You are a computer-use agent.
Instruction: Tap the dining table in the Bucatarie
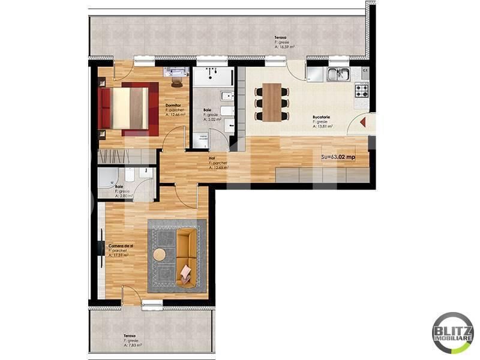pyautogui.click(x=272, y=101)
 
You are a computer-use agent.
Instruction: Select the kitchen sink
pyautogui.click(x=340, y=74)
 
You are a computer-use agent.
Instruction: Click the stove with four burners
pyautogui.click(x=362, y=91)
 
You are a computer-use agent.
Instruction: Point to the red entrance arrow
pyautogui.click(x=364, y=122)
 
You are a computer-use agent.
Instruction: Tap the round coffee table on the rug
pyautogui.click(x=160, y=254)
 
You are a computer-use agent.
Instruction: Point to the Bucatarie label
pyautogui.click(x=322, y=117)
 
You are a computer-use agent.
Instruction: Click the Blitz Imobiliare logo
pyautogui.click(x=453, y=332)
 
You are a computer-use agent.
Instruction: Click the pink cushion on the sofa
pyautogui.click(x=187, y=273)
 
